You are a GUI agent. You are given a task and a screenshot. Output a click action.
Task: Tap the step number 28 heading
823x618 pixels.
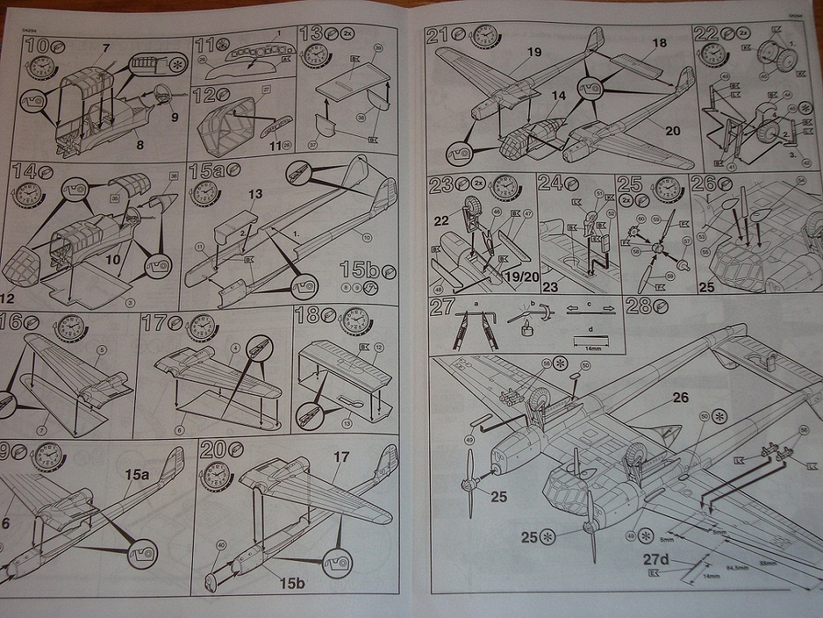pyautogui.click(x=637, y=305)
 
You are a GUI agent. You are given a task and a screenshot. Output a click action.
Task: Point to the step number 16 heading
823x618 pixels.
pyautogui.click(x=12, y=323)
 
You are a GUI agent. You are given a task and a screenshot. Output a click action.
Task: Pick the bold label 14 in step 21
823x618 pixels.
pyautogui.click(x=559, y=96)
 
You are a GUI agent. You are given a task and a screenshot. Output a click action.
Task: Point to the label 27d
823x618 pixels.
pyautogui.click(x=656, y=562)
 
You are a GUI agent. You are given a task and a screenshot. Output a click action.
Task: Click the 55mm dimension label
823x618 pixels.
pyautogui.click(x=766, y=562)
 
